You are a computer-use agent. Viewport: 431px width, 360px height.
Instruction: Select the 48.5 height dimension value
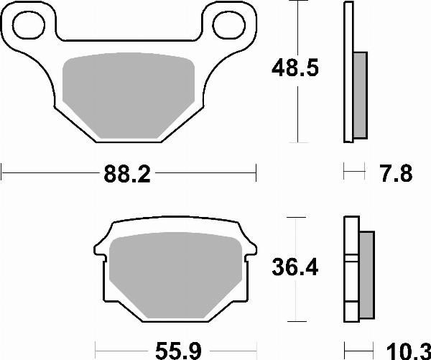point(295,70)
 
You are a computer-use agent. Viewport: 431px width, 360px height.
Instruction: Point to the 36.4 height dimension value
point(295,267)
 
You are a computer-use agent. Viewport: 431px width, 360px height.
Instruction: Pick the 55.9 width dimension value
point(176,349)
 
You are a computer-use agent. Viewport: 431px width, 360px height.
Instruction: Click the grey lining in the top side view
point(360,93)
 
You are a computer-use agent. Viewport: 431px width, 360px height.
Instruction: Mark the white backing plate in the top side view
point(349,72)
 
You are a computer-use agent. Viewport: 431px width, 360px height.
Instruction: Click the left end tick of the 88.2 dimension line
point(3,172)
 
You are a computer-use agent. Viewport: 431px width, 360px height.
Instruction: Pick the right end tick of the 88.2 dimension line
point(256,172)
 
